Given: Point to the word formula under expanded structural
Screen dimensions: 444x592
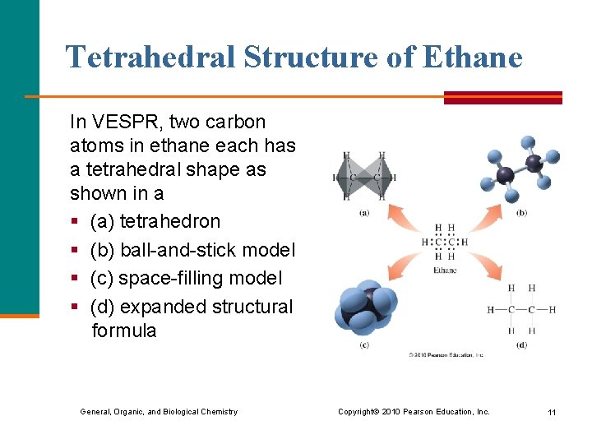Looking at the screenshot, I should [123, 331].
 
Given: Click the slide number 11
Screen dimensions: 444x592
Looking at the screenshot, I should [552, 411].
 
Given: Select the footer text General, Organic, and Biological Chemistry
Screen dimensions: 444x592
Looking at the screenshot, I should [159, 411].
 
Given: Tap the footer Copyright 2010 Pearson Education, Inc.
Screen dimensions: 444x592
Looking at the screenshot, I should [414, 411].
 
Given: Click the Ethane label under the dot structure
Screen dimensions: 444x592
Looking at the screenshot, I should [444, 270].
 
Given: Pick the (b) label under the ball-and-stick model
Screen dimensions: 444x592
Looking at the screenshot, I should [521, 213].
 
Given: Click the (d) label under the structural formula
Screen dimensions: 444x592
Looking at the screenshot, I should [521, 345].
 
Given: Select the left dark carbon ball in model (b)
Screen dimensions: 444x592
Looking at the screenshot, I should [505, 174].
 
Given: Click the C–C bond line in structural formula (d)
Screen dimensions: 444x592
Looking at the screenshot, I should [521, 310].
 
